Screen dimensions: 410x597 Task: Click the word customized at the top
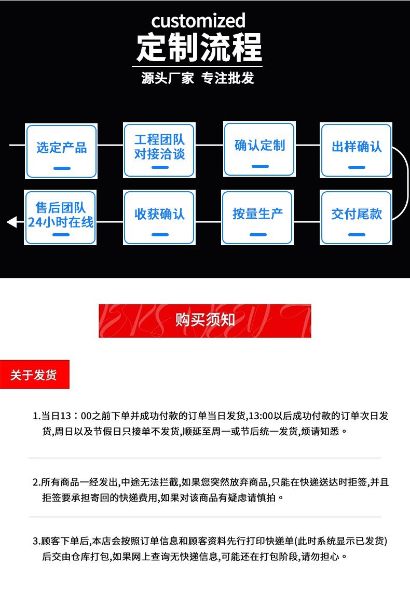point(198,21)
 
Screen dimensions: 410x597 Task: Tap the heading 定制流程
point(199,48)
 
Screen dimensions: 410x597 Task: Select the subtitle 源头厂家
point(167,78)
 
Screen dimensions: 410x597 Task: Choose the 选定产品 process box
point(61,151)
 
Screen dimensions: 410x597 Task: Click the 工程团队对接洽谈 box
point(159,150)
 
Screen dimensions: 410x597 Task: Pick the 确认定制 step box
point(259,149)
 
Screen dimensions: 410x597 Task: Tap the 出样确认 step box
point(357,150)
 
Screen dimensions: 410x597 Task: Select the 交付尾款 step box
point(357,217)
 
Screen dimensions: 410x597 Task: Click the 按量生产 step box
point(257,217)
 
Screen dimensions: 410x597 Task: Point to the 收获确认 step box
point(159,217)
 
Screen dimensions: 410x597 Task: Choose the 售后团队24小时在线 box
point(61,217)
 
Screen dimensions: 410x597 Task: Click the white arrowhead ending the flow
point(11,222)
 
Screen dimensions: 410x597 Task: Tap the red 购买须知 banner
point(205,321)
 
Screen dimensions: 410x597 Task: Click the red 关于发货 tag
point(34,375)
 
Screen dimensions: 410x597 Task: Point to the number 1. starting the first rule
point(36,416)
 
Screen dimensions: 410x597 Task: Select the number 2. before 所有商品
point(36,482)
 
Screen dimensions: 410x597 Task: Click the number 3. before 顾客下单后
point(36,542)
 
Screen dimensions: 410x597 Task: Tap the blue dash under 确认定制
point(259,166)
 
